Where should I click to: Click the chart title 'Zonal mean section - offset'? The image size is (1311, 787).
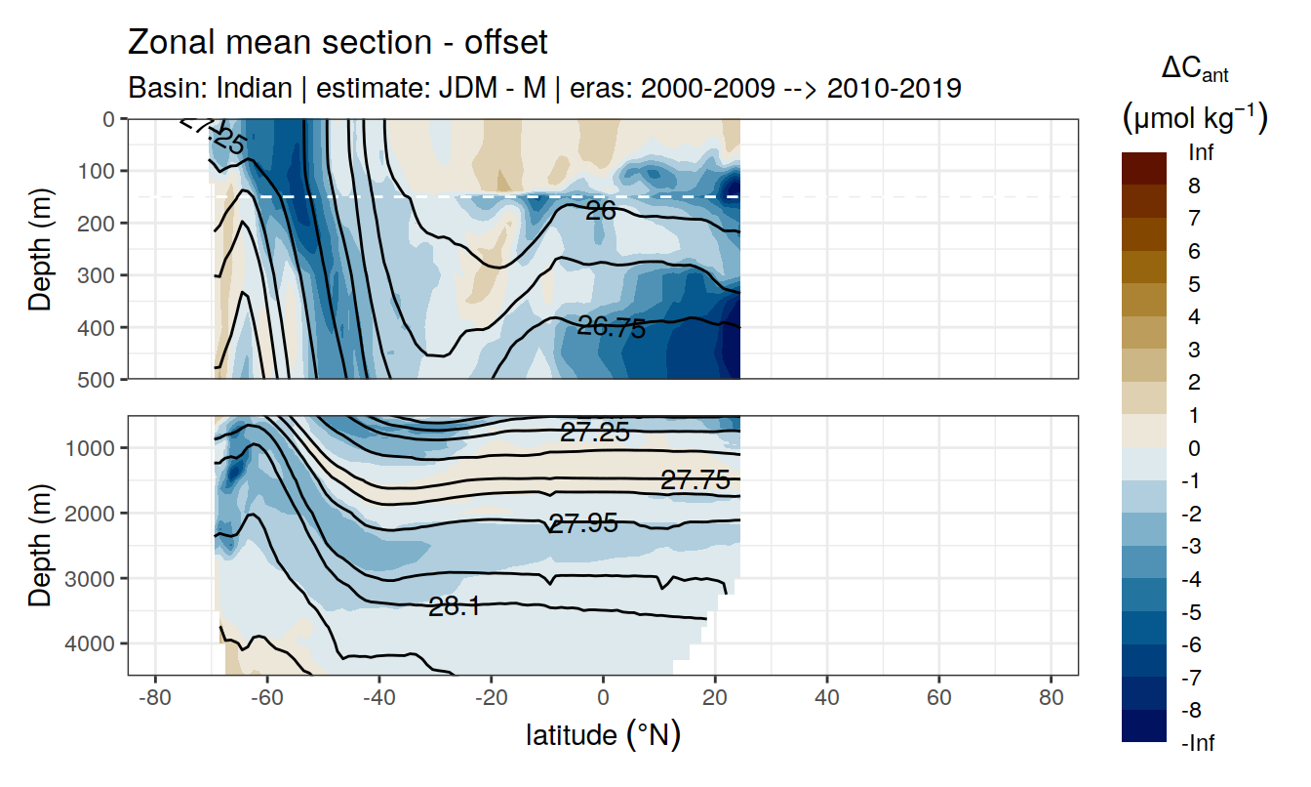click(x=338, y=43)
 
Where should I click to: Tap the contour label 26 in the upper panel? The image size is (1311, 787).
click(x=600, y=209)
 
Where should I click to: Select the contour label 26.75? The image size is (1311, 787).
click(x=612, y=328)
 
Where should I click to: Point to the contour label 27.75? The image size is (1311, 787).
click(x=695, y=480)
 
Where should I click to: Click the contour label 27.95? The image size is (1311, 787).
click(x=583, y=523)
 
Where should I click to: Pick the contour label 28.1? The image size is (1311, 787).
click(x=455, y=607)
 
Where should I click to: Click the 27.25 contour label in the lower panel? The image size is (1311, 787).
click(x=594, y=433)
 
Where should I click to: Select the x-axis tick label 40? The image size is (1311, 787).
click(x=827, y=699)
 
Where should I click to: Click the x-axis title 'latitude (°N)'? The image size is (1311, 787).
click(x=603, y=734)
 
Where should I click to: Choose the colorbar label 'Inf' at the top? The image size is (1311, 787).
click(x=1201, y=153)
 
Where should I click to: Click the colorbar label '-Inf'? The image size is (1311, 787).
click(x=1198, y=743)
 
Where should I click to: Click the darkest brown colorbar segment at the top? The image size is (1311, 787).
click(x=1144, y=168)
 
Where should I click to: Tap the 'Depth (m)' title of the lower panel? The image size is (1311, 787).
click(x=41, y=545)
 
